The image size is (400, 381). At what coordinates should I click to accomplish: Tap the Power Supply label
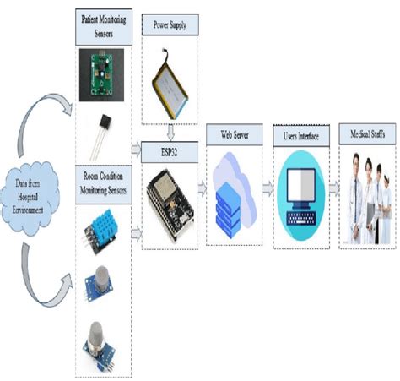(x=171, y=26)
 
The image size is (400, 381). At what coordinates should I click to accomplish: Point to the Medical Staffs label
(x=366, y=134)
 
